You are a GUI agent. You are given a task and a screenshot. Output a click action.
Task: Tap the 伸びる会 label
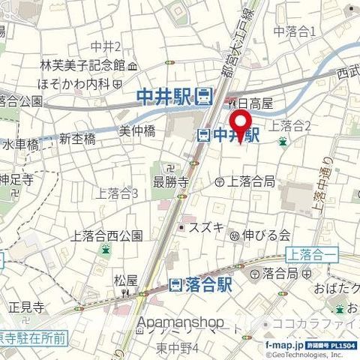[265, 235]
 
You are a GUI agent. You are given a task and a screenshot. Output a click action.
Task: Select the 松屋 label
[125, 282]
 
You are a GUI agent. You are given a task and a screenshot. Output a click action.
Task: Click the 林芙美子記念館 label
[82, 64]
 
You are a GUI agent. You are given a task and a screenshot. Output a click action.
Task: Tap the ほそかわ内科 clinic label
[74, 82]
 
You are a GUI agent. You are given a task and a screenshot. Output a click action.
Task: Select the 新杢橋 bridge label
[77, 139]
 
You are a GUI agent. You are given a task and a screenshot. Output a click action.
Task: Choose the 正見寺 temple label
[27, 307]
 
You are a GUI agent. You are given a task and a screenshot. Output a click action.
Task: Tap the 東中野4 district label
[178, 349]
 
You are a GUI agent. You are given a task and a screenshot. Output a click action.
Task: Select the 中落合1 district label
[295, 31]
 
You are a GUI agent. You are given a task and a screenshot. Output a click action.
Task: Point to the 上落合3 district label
[117, 193]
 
